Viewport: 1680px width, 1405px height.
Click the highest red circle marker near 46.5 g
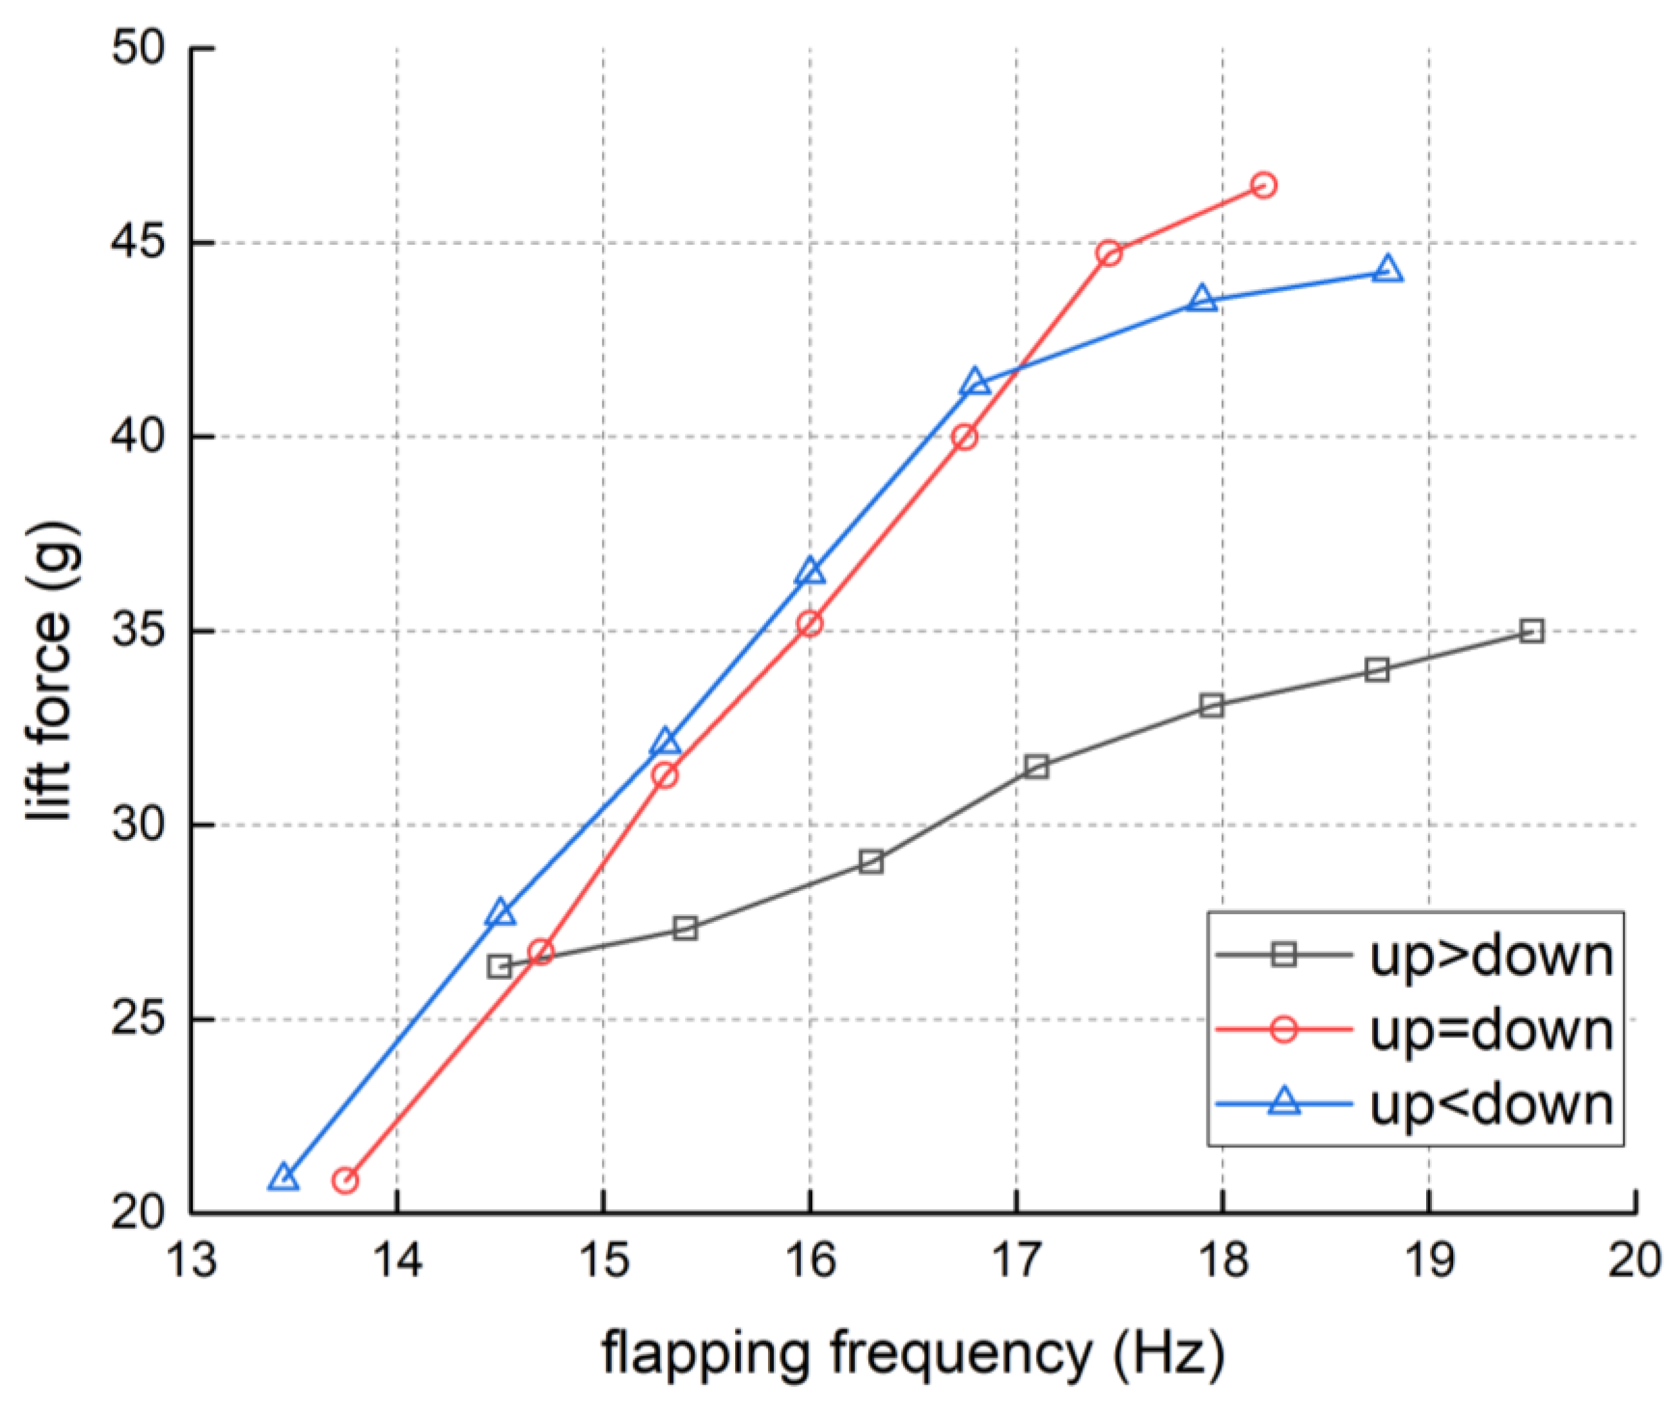[1263, 186]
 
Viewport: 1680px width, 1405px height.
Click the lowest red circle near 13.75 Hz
[344, 1180]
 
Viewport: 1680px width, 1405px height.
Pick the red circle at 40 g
[965, 437]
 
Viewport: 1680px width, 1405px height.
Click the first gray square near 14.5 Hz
[499, 968]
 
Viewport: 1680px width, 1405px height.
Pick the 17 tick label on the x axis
[1016, 1262]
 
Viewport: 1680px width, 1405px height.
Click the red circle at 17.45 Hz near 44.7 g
[1109, 254]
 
